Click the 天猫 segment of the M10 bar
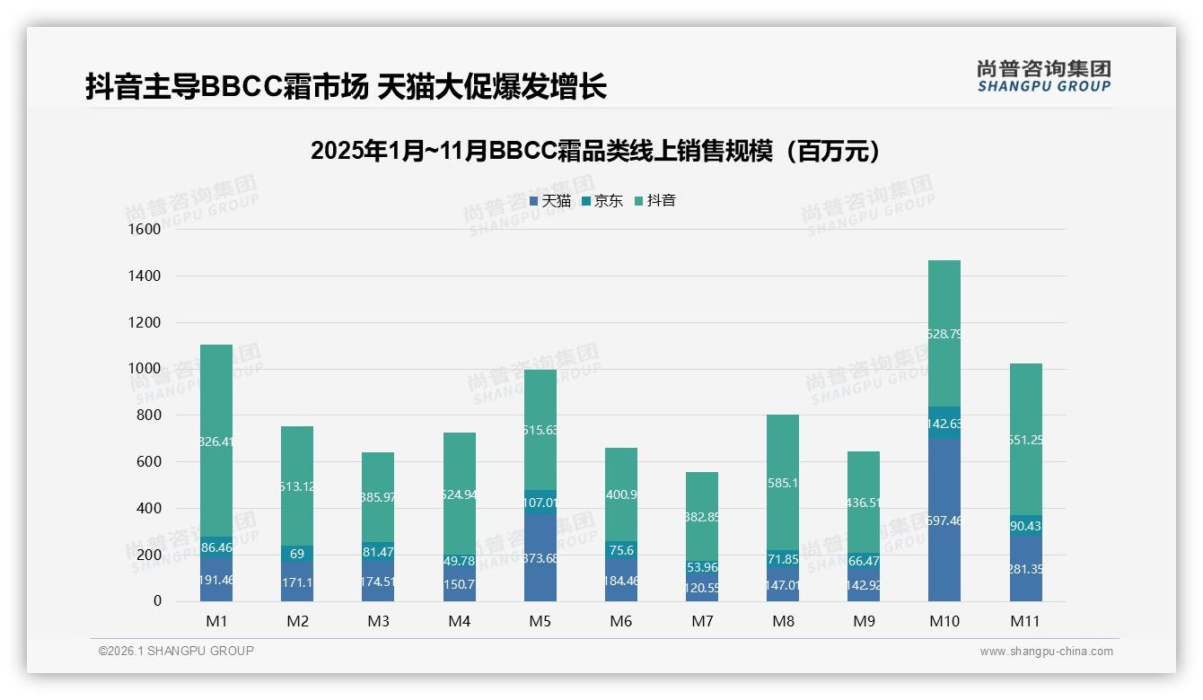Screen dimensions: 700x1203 point(944,538)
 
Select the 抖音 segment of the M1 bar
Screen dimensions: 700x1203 point(216,395)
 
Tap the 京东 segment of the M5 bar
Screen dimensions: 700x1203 point(540,503)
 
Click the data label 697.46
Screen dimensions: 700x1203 point(944,521)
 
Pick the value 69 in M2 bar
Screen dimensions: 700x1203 point(297,554)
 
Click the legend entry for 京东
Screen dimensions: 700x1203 point(602,201)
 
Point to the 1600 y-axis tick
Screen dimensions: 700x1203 point(145,230)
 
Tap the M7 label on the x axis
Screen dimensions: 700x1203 point(702,621)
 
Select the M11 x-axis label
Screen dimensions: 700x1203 point(1025,621)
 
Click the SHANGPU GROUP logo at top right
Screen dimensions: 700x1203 point(1044,76)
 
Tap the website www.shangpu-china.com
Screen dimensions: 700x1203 point(1046,652)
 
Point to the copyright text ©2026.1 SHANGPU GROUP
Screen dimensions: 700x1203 point(176,651)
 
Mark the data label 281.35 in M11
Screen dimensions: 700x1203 point(1025,569)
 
